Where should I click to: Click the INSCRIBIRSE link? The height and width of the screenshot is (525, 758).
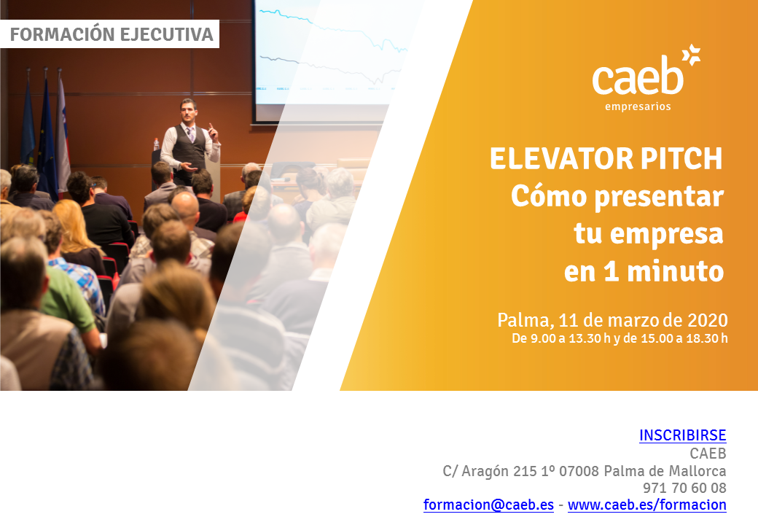tap(683, 435)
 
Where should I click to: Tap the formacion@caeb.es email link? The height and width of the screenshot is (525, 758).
tap(488, 505)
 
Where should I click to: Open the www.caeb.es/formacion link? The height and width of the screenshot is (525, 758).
tap(646, 505)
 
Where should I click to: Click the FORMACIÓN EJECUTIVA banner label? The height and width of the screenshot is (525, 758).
tap(112, 34)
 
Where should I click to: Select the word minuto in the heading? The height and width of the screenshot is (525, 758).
tap(676, 271)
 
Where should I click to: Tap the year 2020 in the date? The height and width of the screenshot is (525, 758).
tap(708, 320)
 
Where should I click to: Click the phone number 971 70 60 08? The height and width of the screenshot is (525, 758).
tap(684, 488)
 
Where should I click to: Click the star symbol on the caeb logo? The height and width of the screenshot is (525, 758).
tap(691, 55)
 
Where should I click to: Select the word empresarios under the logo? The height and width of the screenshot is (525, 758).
tap(638, 106)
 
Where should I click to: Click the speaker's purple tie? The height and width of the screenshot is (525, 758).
tap(192, 134)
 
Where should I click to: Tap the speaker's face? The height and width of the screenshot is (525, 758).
tap(187, 111)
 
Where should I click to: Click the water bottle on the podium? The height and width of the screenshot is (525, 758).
tap(156, 144)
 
